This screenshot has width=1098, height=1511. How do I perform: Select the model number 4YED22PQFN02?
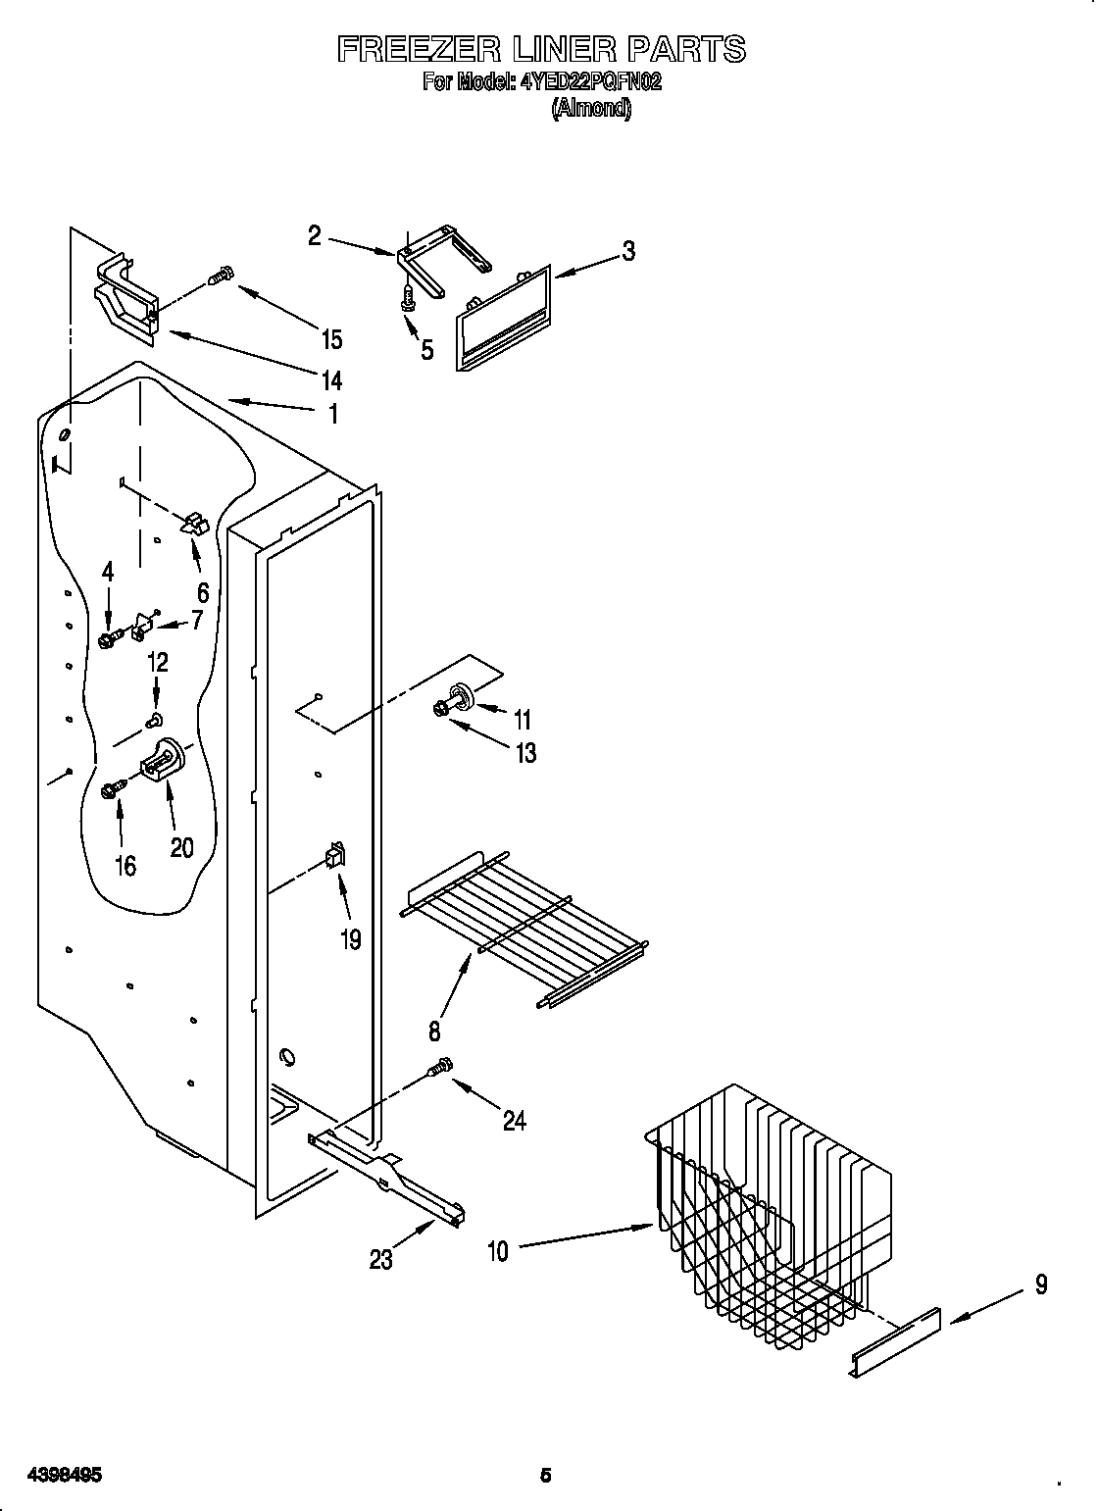(x=591, y=82)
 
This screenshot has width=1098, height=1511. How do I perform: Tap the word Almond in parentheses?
(x=591, y=108)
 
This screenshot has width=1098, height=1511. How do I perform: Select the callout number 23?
(x=380, y=1258)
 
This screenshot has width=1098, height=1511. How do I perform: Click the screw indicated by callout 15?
(x=223, y=276)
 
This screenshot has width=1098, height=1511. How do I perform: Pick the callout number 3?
(x=628, y=251)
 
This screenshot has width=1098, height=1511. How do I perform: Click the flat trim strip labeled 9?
(x=894, y=1341)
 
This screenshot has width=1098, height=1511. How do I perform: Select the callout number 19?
(x=350, y=939)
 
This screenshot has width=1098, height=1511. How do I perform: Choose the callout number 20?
(x=182, y=846)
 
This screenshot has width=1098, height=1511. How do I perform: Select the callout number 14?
(x=332, y=379)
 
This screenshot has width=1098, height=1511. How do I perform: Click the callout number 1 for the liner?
(x=333, y=414)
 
